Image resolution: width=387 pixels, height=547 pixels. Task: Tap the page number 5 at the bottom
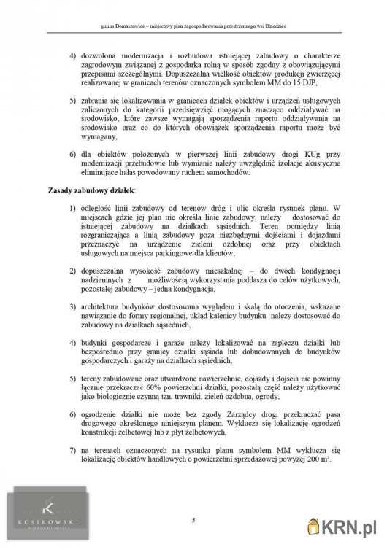[x=193, y=519]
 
